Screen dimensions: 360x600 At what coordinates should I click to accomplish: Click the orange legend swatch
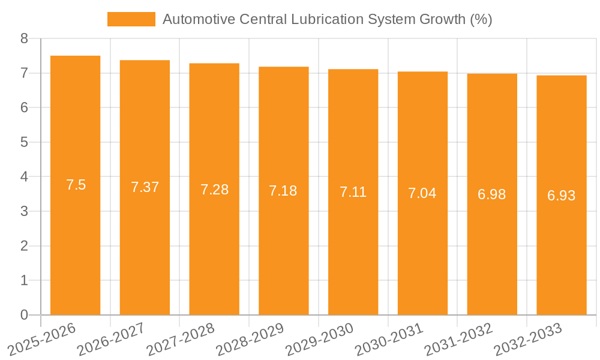click(x=131, y=19)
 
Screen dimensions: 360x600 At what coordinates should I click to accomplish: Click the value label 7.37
click(x=145, y=187)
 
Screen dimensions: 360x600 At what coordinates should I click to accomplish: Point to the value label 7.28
click(x=214, y=190)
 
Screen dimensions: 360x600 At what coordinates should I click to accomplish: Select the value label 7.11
click(x=353, y=192)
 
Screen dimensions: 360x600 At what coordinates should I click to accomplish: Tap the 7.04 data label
click(x=422, y=193)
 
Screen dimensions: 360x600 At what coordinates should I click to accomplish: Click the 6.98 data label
click(x=491, y=194)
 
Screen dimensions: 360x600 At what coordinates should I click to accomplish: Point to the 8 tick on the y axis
click(x=24, y=39)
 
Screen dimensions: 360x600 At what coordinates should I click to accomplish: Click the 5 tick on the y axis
click(x=24, y=142)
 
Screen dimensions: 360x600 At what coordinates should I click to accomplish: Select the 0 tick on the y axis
click(x=24, y=315)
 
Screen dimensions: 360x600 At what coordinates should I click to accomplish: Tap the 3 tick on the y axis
click(x=24, y=211)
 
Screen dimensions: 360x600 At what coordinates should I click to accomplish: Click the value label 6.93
click(x=561, y=196)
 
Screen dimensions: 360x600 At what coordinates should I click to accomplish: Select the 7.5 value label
click(x=76, y=185)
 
